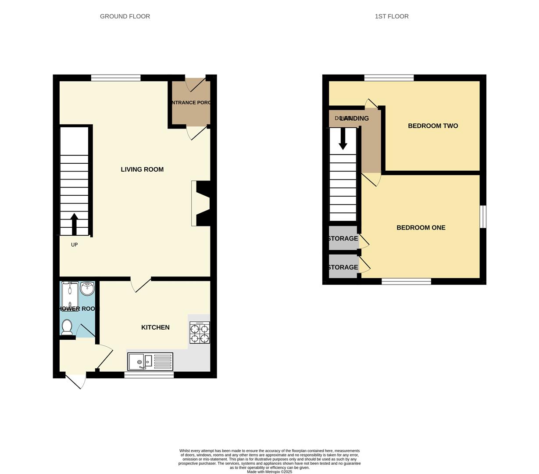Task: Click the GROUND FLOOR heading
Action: [125, 16]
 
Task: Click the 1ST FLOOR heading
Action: [392, 16]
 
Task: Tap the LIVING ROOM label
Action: [142, 169]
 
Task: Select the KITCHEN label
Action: [155, 327]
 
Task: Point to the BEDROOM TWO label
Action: [433, 126]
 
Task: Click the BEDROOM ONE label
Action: [421, 228]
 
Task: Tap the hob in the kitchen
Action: [200, 333]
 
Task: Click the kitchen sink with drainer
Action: [150, 362]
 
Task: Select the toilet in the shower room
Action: [67, 327]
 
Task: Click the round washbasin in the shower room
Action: [88, 288]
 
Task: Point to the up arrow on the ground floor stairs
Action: [74, 224]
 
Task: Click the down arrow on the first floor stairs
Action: [343, 139]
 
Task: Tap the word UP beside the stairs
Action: [75, 245]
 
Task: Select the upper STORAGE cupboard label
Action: [343, 239]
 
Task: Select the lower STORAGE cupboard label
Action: [343, 267]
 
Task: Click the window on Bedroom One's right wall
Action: [483, 217]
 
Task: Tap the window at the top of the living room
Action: [116, 78]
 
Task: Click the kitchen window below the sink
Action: [149, 375]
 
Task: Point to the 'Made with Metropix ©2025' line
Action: [269, 472]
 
